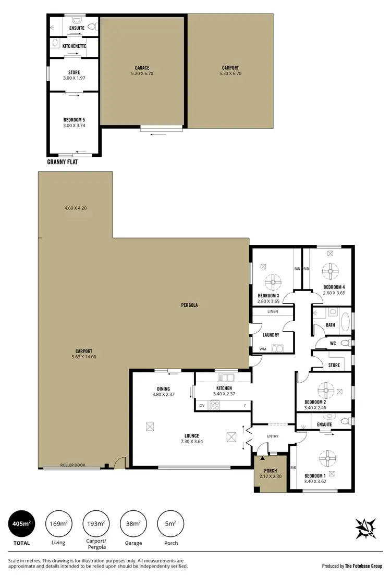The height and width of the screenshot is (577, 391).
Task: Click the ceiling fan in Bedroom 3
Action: tap(273, 283)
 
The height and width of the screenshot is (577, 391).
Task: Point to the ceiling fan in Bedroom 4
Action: tap(330, 271)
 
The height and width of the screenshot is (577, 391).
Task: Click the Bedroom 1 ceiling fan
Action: tap(327, 459)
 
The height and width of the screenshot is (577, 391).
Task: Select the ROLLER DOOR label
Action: tap(72, 465)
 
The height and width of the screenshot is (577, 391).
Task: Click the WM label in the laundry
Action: tap(262, 349)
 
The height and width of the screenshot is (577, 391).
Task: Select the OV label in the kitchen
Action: tap(202, 405)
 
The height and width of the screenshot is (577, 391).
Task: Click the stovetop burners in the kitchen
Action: tap(214, 405)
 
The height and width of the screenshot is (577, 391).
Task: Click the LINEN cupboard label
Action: tap(273, 311)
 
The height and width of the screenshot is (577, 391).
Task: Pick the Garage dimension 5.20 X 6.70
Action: tap(142, 73)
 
